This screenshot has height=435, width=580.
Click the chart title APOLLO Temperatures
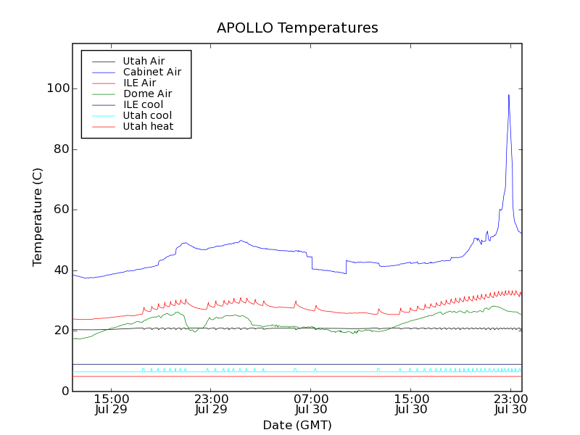[297, 28]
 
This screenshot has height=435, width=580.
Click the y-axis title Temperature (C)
[38, 217]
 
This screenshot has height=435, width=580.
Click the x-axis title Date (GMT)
[297, 425]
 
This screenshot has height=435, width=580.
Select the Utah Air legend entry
[144, 62]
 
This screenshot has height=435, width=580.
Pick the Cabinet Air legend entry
[152, 72]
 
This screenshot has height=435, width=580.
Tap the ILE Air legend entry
[139, 83]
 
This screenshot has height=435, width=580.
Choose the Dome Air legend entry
[147, 94]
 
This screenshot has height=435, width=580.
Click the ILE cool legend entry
[143, 105]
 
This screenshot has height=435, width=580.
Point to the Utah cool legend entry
[147, 116]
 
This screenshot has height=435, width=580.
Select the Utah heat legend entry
[147, 127]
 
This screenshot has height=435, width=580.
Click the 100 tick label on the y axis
[59, 88]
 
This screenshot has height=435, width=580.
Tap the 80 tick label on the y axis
[62, 149]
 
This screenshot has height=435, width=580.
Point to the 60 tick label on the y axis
[62, 210]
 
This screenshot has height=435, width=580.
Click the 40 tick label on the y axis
[62, 270]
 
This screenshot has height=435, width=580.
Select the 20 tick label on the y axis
[62, 331]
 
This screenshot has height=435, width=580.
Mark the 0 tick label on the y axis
[65, 391]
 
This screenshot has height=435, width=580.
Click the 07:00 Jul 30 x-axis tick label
[310, 404]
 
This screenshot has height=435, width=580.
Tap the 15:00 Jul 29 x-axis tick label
[111, 404]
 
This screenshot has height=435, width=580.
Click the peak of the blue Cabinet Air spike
[509, 94]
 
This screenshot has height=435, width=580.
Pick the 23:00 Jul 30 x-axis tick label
[510, 404]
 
